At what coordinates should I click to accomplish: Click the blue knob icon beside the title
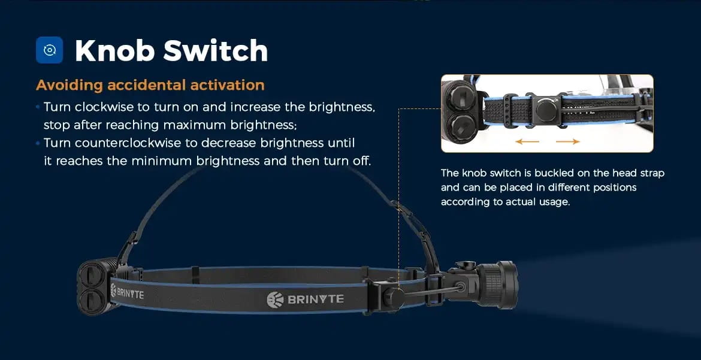(49, 50)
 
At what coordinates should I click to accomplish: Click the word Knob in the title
(114, 50)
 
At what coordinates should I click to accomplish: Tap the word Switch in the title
(216, 50)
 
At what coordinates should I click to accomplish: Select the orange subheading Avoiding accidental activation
(150, 85)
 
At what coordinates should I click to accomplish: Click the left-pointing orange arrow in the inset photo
(527, 142)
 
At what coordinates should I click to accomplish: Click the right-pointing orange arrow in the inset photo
(568, 142)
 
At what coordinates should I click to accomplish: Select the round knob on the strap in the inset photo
(546, 110)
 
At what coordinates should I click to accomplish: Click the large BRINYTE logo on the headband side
(306, 300)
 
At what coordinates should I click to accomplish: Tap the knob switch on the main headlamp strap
(394, 297)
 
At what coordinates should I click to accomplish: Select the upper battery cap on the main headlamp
(91, 274)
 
